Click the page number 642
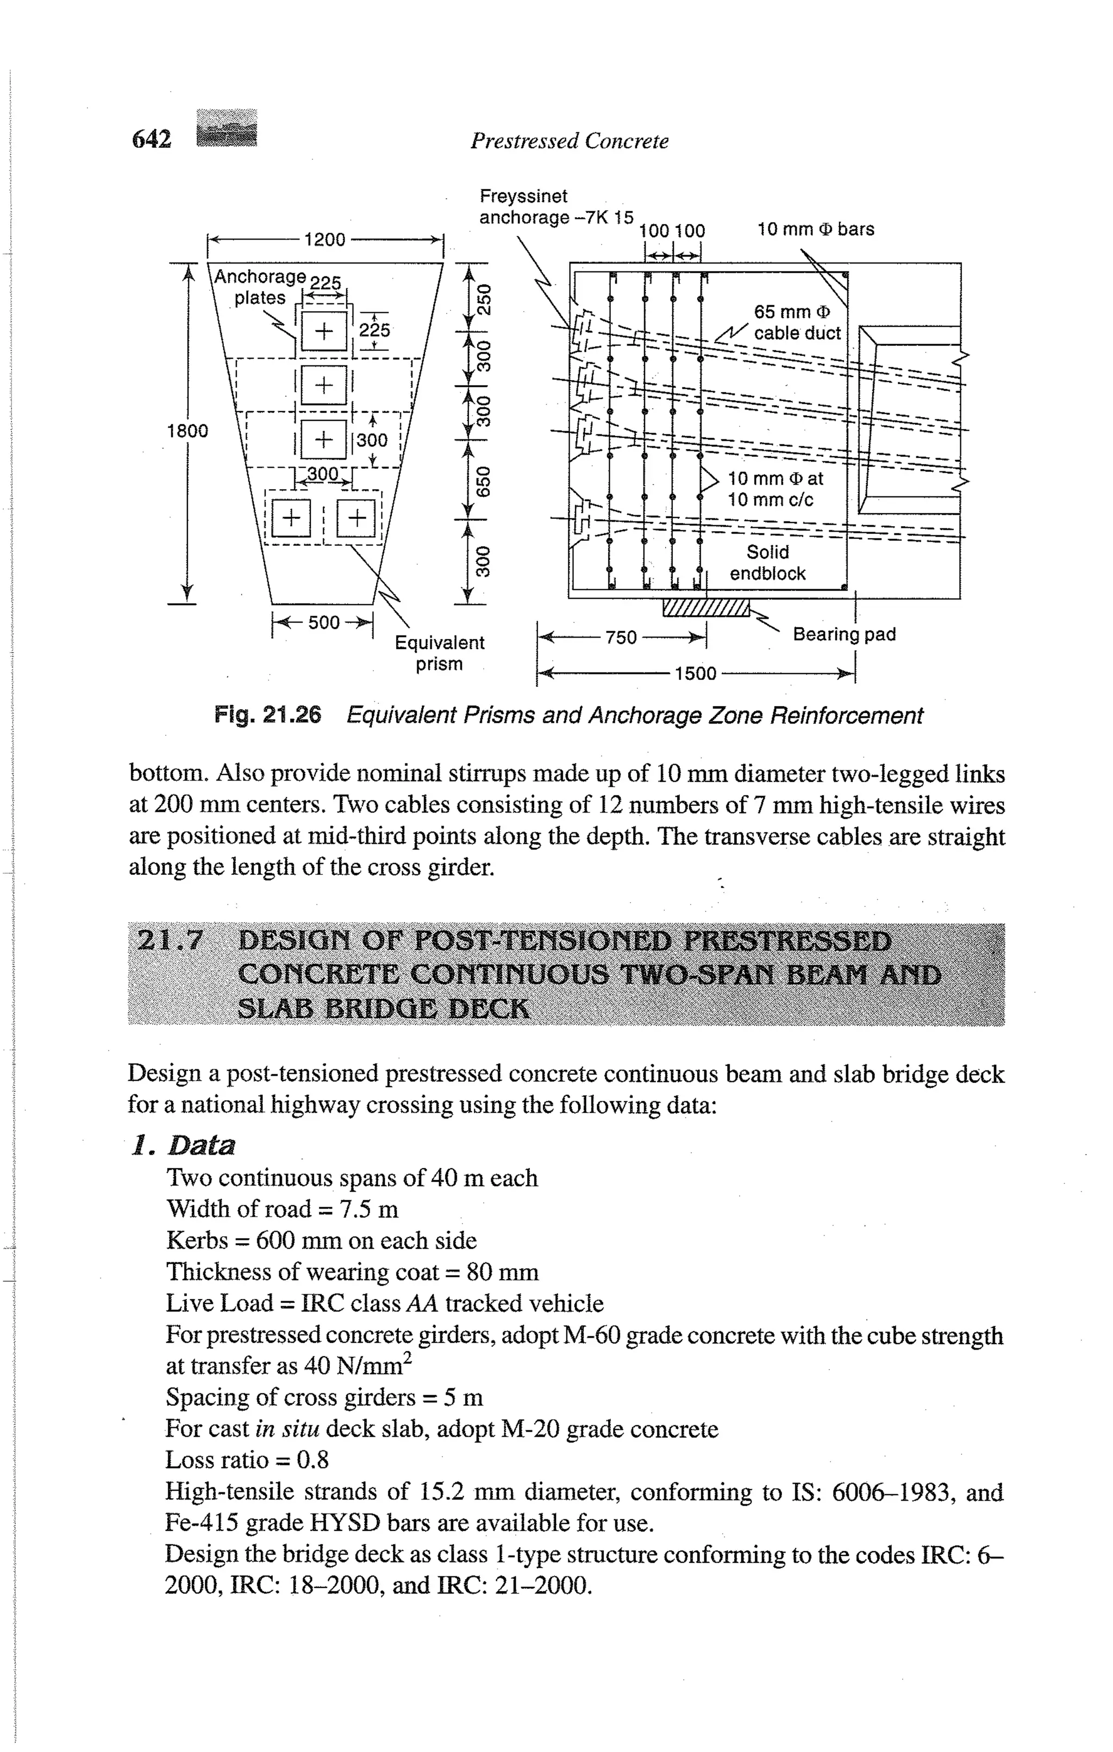tap(152, 138)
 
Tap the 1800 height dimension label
tap(187, 431)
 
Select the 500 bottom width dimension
tap(324, 623)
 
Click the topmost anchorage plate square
tap(324, 332)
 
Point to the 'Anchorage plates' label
tap(259, 287)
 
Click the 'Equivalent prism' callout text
tap(439, 653)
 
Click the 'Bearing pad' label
tap(843, 634)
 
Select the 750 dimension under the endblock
tap(621, 638)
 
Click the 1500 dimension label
tap(695, 673)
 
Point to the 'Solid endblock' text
tap(768, 563)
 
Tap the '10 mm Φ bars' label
tap(815, 229)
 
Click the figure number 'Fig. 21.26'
tap(267, 715)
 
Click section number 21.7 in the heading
tap(170, 940)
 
